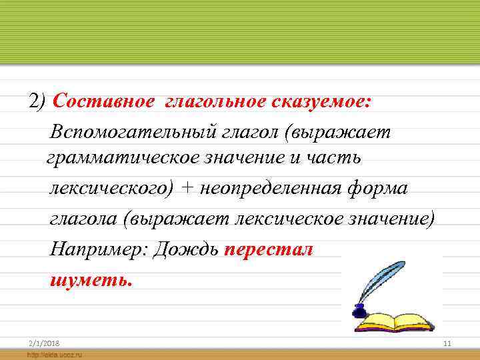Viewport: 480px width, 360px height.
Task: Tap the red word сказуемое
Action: [x=321, y=101]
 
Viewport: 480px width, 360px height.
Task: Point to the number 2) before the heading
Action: [x=37, y=101]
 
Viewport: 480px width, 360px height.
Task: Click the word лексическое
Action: [x=293, y=219]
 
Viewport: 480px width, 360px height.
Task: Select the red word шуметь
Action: [x=91, y=279]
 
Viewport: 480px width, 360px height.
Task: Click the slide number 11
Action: [x=447, y=343]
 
